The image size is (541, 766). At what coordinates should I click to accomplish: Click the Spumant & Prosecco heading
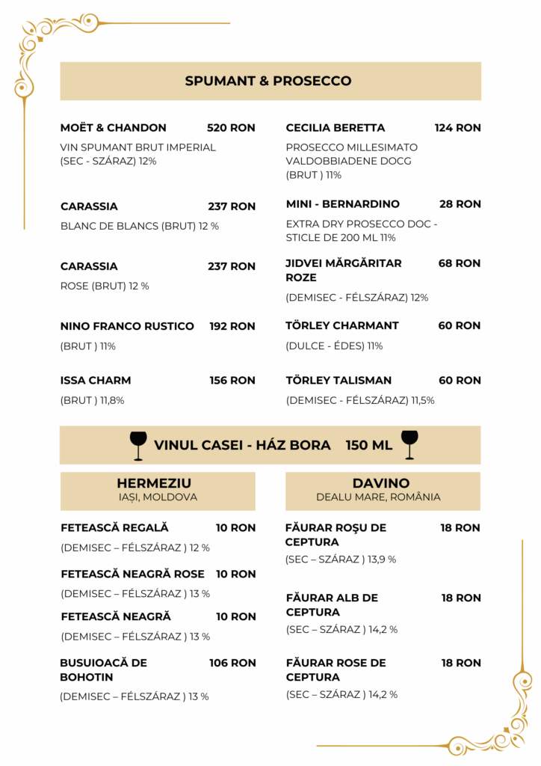pyautogui.click(x=268, y=81)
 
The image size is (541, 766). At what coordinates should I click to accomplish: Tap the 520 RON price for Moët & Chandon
pyautogui.click(x=231, y=128)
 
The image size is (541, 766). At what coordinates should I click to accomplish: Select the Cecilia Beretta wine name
pyautogui.click(x=336, y=128)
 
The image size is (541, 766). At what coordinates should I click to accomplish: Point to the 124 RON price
pyautogui.click(x=457, y=128)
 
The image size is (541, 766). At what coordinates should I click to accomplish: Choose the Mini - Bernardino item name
pyautogui.click(x=343, y=204)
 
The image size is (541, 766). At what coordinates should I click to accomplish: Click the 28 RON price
pyautogui.click(x=460, y=204)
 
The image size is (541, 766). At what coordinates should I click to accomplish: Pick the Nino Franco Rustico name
pyautogui.click(x=127, y=326)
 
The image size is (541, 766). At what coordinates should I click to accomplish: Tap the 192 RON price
pyautogui.click(x=232, y=326)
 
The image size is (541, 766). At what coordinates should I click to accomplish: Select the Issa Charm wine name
pyautogui.click(x=96, y=381)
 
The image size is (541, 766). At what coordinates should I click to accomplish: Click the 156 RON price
pyautogui.click(x=232, y=381)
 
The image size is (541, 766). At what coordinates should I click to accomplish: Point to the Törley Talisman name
pyautogui.click(x=338, y=381)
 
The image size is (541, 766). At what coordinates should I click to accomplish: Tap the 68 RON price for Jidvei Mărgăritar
pyautogui.click(x=460, y=263)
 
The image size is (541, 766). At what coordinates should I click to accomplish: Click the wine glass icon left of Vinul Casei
pyautogui.click(x=138, y=445)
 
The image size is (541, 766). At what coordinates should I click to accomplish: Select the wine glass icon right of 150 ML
pyautogui.click(x=409, y=444)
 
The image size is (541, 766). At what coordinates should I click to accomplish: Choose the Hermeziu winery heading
pyautogui.click(x=154, y=484)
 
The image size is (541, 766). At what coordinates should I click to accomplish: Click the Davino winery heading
pyautogui.click(x=381, y=484)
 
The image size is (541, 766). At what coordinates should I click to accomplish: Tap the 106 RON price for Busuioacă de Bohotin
pyautogui.click(x=232, y=663)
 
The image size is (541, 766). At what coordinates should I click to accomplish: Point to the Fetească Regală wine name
pyautogui.click(x=114, y=528)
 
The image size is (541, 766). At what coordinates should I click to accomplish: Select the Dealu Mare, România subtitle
pyautogui.click(x=378, y=497)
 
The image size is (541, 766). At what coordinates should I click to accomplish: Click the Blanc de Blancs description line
pyautogui.click(x=140, y=226)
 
